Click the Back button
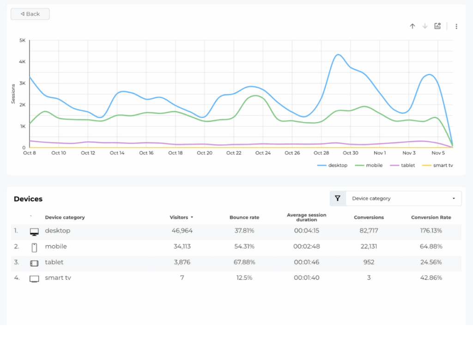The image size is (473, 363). pos(30,14)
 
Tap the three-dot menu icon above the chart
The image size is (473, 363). pos(456,26)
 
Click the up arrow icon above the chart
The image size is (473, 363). pos(412,26)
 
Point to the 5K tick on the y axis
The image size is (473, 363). pos(22,40)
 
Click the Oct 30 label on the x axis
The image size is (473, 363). pos(351,153)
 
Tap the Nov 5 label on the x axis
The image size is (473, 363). pos(438,153)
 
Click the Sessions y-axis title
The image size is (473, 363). pos(13,93)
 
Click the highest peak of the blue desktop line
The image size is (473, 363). pos(338,54)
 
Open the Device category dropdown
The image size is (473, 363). pos(403,199)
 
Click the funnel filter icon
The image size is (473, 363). pos(338,199)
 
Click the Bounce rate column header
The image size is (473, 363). pos(244,218)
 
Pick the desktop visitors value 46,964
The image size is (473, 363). pos(182,231)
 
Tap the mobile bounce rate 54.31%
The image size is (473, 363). pos(244,247)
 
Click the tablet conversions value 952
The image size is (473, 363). pos(369,262)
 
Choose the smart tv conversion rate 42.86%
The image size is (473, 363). pos(431,278)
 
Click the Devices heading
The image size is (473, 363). pos(28,199)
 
